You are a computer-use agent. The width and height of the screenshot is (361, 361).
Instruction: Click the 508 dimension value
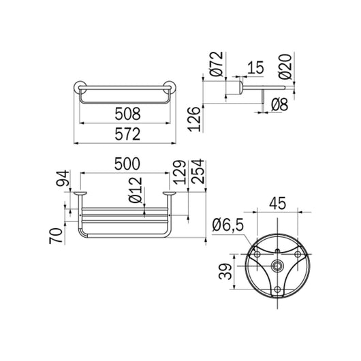click(x=127, y=114)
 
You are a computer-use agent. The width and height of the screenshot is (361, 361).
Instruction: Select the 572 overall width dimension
click(x=127, y=134)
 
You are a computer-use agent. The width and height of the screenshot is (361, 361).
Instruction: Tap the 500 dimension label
click(x=127, y=163)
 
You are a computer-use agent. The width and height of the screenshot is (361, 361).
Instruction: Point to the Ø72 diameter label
click(x=217, y=64)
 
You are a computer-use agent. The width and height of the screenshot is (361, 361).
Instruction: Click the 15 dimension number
click(x=255, y=67)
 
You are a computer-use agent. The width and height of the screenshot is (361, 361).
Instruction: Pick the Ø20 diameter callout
click(x=285, y=67)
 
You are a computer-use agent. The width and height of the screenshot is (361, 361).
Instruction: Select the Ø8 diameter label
click(x=279, y=104)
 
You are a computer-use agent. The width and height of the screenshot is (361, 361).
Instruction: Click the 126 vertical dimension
click(x=194, y=119)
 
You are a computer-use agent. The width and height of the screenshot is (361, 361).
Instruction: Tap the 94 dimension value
click(x=63, y=178)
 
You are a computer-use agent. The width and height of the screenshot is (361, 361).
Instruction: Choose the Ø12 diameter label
click(x=135, y=190)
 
